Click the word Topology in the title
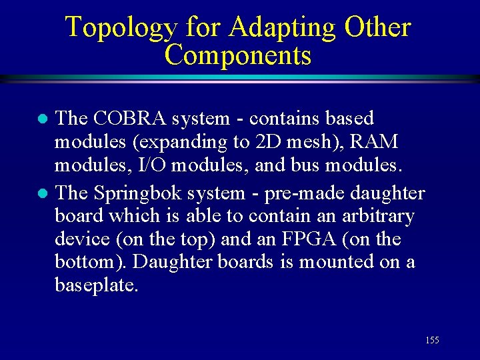[121, 28]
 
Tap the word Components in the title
[237, 55]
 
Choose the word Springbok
[138, 193]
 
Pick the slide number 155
[432, 341]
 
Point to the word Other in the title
[377, 28]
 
